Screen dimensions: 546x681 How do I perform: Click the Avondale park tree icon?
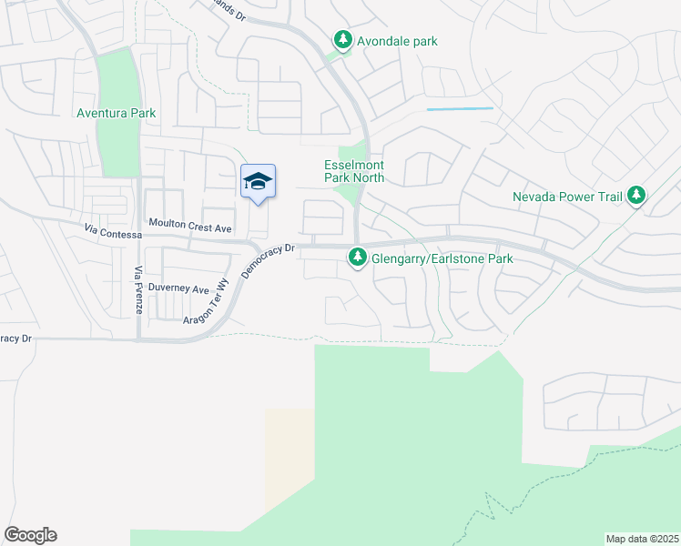click(x=342, y=40)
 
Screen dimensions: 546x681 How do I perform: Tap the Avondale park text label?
click(x=397, y=41)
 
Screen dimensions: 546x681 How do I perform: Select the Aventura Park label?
click(x=116, y=114)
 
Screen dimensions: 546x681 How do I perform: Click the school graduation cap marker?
click(x=258, y=182)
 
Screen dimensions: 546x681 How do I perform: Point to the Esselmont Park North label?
click(x=354, y=171)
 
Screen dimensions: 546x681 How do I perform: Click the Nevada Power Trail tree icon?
click(x=636, y=196)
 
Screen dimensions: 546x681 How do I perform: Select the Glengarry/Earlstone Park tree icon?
click(x=357, y=259)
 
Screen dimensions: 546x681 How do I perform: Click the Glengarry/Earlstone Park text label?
click(x=442, y=259)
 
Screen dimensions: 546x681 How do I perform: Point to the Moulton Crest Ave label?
click(x=190, y=227)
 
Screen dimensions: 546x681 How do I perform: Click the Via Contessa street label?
click(x=113, y=234)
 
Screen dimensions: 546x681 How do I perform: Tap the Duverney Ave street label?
click(x=178, y=288)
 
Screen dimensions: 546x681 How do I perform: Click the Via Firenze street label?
click(x=139, y=289)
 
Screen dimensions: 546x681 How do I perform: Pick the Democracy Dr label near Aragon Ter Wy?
click(x=269, y=259)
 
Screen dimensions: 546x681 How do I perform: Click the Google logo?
click(x=30, y=535)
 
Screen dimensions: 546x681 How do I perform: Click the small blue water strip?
click(x=460, y=109)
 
